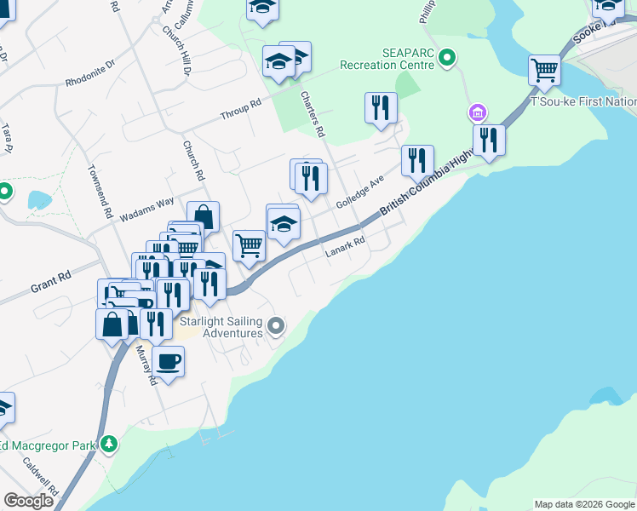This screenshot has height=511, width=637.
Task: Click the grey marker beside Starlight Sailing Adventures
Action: pyautogui.click(x=275, y=324)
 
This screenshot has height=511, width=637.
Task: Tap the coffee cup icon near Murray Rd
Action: pyautogui.click(x=169, y=361)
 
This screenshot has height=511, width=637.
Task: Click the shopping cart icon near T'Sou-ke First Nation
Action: pyautogui.click(x=544, y=70)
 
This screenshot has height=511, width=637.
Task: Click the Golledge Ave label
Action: pyautogui.click(x=360, y=197)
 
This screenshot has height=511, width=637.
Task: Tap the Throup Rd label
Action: pyautogui.click(x=240, y=110)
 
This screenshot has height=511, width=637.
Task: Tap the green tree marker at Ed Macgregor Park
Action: pyautogui.click(x=108, y=444)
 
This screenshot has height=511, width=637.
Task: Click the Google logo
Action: pyautogui.click(x=28, y=501)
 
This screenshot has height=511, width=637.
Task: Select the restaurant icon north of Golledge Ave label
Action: pyautogui.click(x=381, y=107)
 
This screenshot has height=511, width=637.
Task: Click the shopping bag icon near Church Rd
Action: pyautogui.click(x=204, y=217)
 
